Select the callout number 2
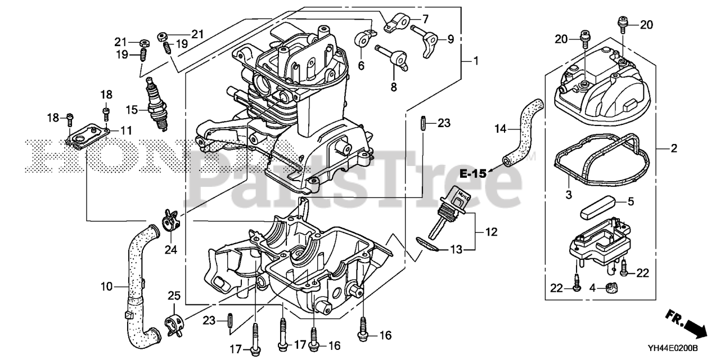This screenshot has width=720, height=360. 673,149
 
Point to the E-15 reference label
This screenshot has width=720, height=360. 472,174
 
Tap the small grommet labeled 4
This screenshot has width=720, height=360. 611,289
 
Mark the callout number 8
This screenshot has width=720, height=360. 393,87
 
